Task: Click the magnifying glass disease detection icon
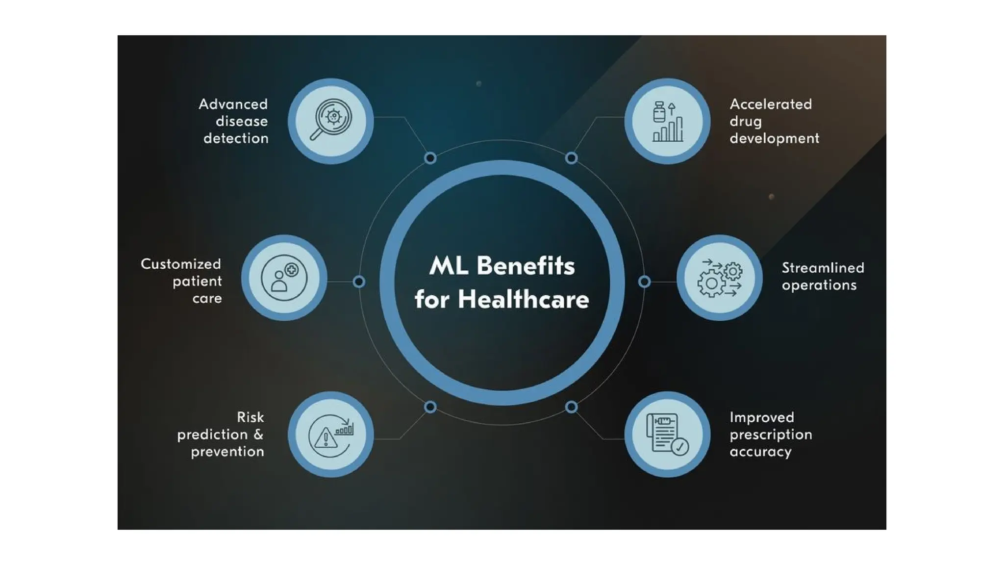(331, 121)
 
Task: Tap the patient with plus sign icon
(284, 278)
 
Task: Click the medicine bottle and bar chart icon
(667, 121)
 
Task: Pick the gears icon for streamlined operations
(719, 278)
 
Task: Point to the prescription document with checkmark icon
(667, 434)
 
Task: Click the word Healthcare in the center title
(523, 299)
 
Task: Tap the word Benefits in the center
(525, 265)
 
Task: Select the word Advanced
(233, 104)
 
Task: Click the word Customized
(180, 264)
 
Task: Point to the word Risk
(250, 417)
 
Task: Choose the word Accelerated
(771, 104)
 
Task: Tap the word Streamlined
(823, 268)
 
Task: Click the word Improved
(761, 417)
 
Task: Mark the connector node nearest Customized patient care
(359, 282)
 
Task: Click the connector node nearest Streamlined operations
(645, 282)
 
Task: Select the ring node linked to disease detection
(430, 158)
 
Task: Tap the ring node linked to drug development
(571, 158)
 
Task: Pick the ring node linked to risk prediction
(430, 407)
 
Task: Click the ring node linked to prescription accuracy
(571, 407)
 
